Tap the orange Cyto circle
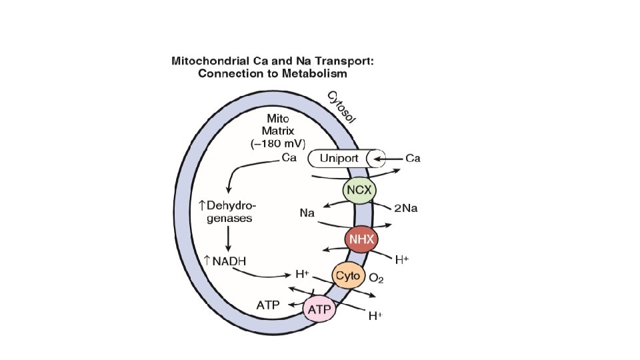[347, 275]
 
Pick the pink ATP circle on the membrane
[319, 309]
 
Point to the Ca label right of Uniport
[413, 159]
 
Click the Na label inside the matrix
[307, 213]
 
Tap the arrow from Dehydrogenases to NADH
[229, 238]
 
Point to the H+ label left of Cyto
[302, 274]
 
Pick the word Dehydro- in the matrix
[234, 204]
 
